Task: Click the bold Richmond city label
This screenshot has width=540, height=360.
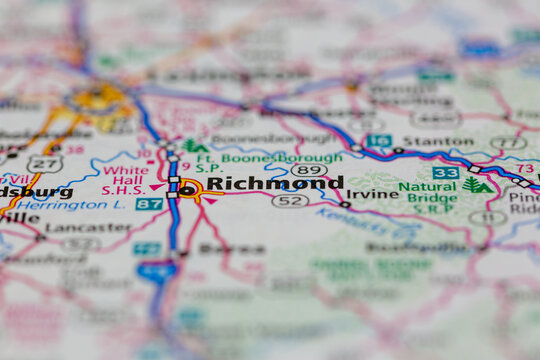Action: (x=274, y=183)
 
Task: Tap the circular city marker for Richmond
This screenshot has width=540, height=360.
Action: (x=187, y=189)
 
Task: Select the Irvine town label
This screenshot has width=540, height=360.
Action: (x=372, y=193)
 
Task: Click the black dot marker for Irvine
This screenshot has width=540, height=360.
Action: (x=345, y=204)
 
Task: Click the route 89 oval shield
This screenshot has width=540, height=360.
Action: (x=308, y=170)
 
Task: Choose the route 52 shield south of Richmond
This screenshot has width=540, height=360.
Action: (x=290, y=201)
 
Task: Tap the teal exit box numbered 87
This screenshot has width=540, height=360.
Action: (x=149, y=204)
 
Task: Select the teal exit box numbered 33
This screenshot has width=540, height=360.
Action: (x=446, y=173)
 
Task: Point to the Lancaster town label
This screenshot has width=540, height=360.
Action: (x=74, y=227)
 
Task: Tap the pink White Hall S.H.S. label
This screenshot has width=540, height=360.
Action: (x=126, y=179)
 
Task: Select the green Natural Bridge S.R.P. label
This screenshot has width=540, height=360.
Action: (x=428, y=198)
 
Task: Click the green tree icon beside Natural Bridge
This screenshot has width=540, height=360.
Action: (x=478, y=185)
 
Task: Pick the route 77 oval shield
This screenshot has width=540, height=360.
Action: (x=508, y=143)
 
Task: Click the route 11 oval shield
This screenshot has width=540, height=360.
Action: (x=487, y=217)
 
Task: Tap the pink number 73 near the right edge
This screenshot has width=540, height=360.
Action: (x=525, y=168)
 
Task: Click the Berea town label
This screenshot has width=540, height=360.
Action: (x=231, y=248)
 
